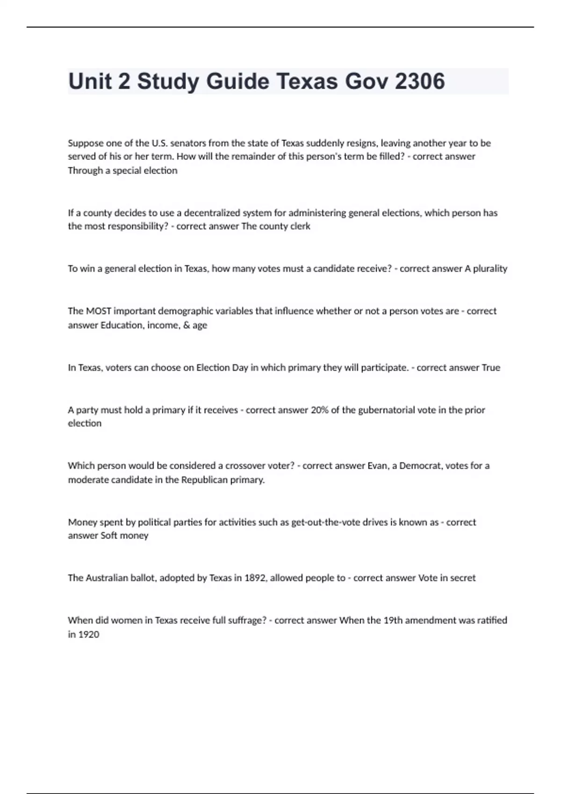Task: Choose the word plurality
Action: (490, 269)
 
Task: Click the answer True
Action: (491, 368)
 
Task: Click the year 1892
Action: (255, 578)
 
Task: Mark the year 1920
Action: (89, 635)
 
